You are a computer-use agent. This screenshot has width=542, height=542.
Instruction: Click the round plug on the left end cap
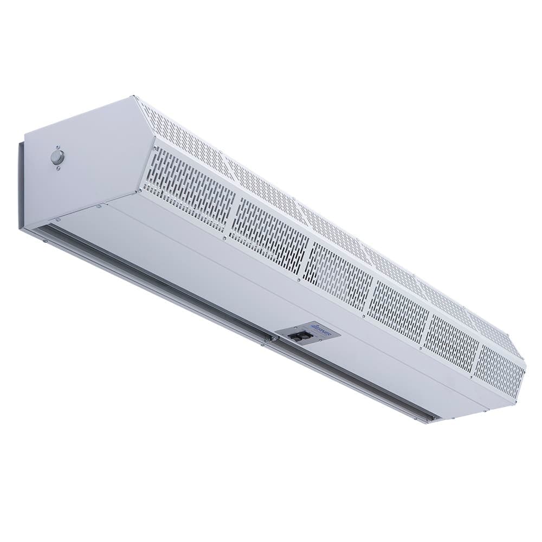click(x=57, y=157)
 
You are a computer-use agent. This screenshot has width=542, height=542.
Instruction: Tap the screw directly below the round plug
click(x=58, y=169)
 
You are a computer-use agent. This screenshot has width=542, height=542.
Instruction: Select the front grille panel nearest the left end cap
click(x=190, y=186)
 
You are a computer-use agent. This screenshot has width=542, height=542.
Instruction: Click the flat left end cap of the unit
click(x=81, y=163)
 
